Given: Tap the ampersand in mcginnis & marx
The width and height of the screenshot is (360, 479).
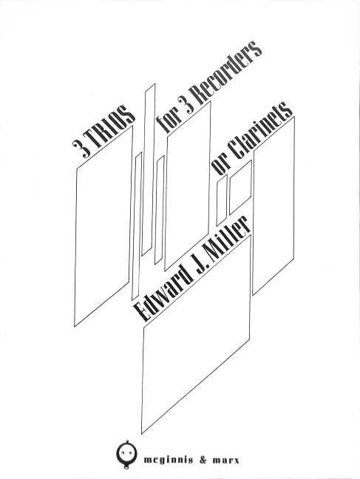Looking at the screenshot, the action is point(204,461).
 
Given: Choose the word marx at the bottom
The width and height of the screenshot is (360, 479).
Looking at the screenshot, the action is point(227,461).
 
